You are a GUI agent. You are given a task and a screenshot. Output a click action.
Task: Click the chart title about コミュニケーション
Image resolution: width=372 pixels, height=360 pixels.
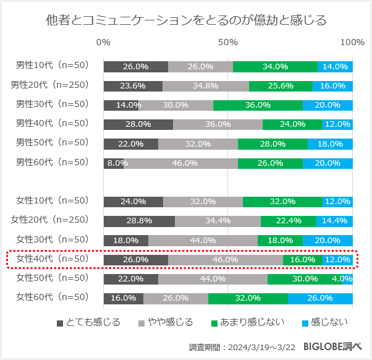[x=186, y=20]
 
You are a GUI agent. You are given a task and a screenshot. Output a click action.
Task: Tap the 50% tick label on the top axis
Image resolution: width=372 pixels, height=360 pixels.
[x=228, y=42]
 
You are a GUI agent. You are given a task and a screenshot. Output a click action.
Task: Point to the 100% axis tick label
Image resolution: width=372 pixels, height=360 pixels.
[x=352, y=42]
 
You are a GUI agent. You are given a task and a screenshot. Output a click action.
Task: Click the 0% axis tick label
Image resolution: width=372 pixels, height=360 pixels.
[x=104, y=42]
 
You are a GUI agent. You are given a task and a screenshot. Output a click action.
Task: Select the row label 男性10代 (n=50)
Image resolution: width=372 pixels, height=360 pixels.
[x=53, y=66]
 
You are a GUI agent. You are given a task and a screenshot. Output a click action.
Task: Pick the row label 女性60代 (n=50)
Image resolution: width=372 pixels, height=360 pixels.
[x=53, y=298]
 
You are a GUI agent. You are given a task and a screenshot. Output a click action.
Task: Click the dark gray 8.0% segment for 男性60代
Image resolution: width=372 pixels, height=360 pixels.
[x=114, y=163]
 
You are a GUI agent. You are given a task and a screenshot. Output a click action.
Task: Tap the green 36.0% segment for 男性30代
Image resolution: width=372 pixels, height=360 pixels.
[x=258, y=105]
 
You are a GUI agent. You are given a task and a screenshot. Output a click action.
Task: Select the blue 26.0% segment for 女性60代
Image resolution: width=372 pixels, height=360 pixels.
[x=320, y=298]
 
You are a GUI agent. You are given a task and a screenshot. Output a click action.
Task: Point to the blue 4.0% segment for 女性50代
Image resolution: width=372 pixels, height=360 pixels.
[x=347, y=279]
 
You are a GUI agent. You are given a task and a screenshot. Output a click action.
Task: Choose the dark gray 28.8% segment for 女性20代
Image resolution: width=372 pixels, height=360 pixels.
[x=139, y=221]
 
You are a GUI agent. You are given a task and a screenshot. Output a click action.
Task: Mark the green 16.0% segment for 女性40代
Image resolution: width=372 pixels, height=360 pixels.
[x=303, y=260]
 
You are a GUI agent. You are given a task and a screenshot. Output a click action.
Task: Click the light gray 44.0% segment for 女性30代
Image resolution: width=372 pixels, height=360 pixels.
[x=203, y=240]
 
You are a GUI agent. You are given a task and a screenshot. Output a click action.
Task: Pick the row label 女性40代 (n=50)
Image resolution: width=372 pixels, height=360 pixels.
[x=53, y=259]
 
